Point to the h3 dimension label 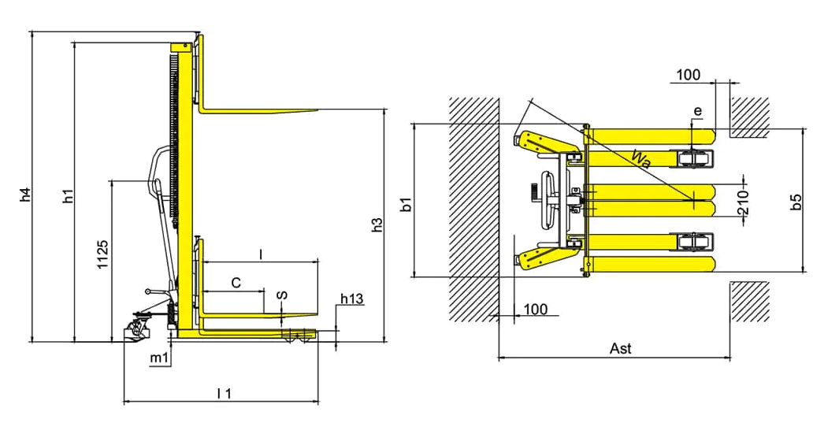(377, 224)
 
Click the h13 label (351, 299)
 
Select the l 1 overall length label (223, 393)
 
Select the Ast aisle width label (620, 348)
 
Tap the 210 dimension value (742, 202)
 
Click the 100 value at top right (688, 76)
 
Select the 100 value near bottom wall (535, 309)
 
